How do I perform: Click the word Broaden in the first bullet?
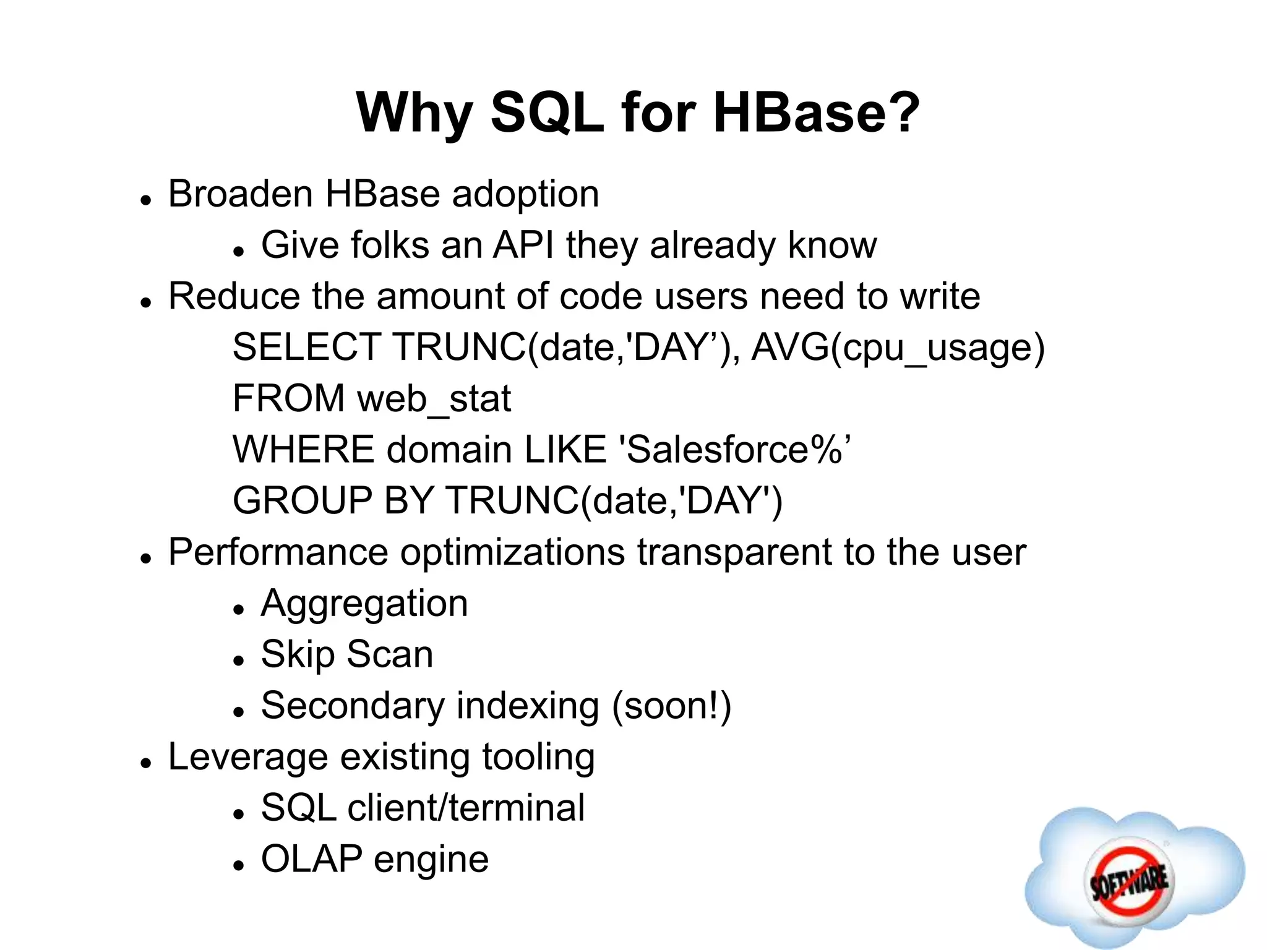click(241, 194)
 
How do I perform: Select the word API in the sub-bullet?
click(523, 245)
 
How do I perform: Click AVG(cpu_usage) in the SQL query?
click(898, 348)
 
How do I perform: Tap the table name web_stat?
click(434, 399)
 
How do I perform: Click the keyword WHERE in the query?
click(303, 450)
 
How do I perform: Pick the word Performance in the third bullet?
click(278, 552)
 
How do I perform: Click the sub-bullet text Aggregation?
click(364, 604)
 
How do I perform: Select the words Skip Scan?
click(346, 654)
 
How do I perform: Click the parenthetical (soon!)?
click(671, 706)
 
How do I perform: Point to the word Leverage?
click(248, 758)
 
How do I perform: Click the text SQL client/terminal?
click(423, 808)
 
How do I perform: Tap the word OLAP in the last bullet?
click(311, 859)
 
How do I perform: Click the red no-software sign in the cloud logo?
click(1128, 879)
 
